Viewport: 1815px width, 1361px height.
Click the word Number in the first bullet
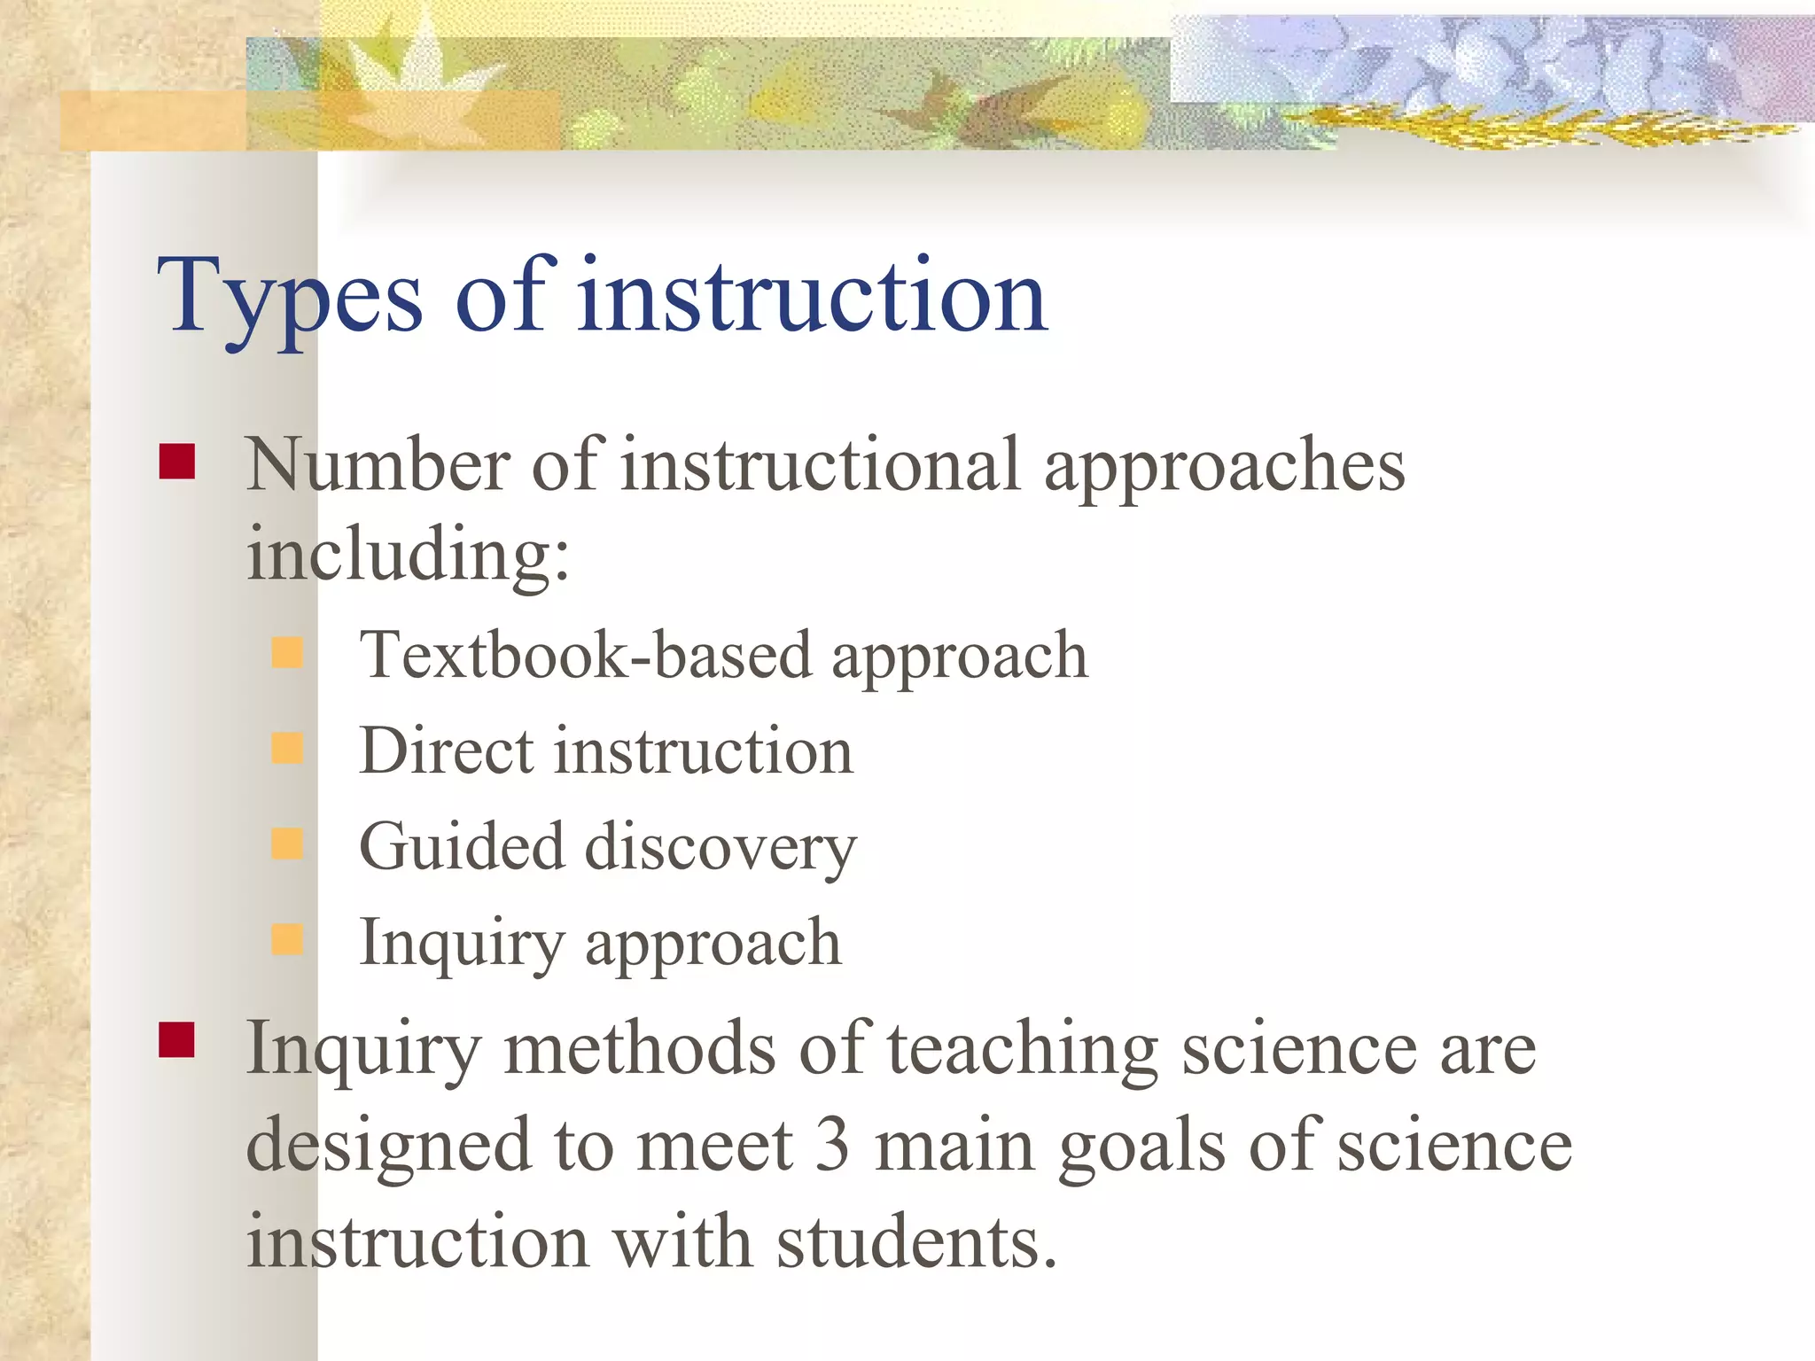click(x=378, y=465)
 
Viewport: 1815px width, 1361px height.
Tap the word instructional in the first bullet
click(x=820, y=465)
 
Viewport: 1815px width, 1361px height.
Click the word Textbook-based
click(x=585, y=656)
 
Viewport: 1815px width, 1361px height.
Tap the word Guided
click(x=461, y=847)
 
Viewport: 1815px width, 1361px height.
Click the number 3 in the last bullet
click(x=832, y=1145)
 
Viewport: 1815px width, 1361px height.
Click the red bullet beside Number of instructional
click(x=177, y=462)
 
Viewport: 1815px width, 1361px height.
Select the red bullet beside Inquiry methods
click(x=177, y=1040)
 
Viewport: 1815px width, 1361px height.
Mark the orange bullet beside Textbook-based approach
click(x=287, y=653)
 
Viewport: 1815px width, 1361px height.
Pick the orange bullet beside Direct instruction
click(x=287, y=749)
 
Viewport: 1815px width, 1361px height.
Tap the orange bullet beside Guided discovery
click(x=287, y=844)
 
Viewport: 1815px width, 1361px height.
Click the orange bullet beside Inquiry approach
click(x=287, y=939)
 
